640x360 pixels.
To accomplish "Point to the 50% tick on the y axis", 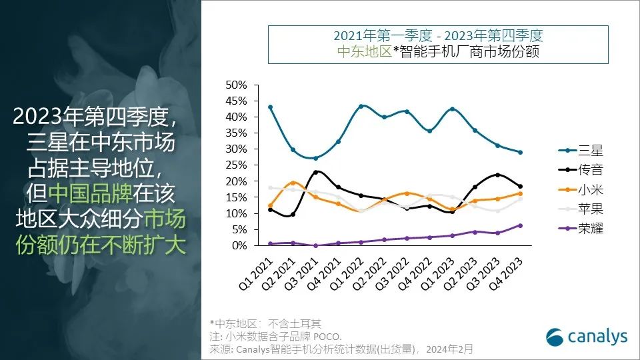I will (x=237, y=85).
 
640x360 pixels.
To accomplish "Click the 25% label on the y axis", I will (x=237, y=165).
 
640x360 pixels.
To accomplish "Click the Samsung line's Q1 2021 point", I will (x=270, y=107).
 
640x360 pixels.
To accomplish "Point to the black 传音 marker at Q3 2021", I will (x=315, y=172).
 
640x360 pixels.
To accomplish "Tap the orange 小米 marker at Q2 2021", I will (x=293, y=183).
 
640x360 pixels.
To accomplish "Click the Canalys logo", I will (x=587, y=337).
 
